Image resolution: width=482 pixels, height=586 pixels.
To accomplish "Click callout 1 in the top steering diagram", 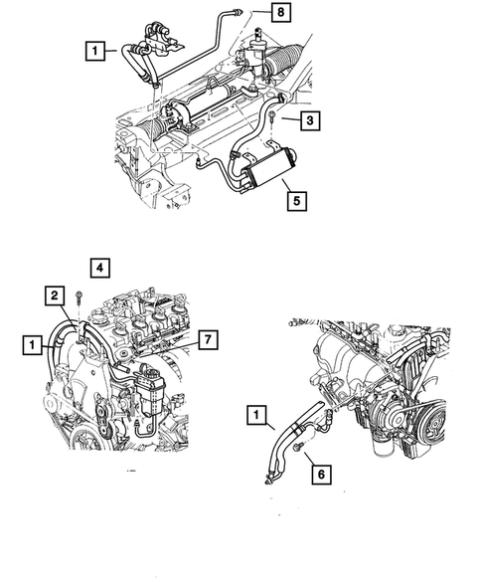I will coord(95,48).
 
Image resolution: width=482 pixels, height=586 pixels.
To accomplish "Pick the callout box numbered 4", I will coord(99,267).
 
